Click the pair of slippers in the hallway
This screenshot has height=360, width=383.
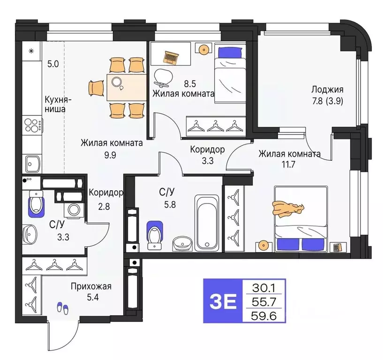[62, 307]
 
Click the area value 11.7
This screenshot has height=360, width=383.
[289, 164]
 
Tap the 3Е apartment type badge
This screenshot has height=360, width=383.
[223, 301]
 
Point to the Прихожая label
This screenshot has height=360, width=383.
[91, 286]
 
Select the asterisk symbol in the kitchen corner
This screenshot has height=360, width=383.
[31, 51]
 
